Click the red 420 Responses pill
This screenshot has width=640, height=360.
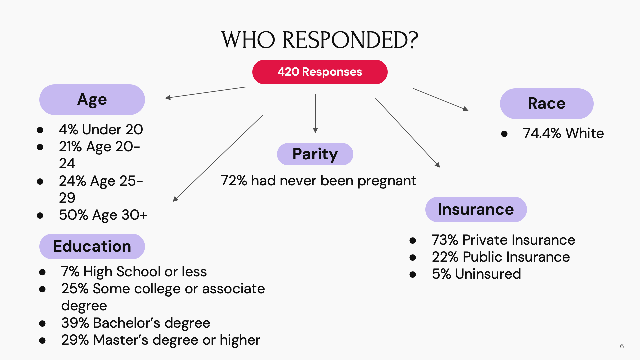click(x=320, y=72)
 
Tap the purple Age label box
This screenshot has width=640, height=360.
click(x=92, y=100)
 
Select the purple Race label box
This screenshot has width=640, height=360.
click(x=546, y=104)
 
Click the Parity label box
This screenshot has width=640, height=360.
click(x=315, y=154)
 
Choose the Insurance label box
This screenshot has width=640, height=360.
click(x=476, y=209)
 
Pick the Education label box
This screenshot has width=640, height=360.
click(x=92, y=246)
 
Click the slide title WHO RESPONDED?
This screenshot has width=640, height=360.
click(x=320, y=40)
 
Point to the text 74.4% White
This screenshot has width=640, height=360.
click(x=563, y=133)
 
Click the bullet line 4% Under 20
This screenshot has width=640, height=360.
click(x=101, y=129)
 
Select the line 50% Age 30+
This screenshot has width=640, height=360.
click(x=103, y=215)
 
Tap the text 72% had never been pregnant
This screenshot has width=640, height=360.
click(x=318, y=181)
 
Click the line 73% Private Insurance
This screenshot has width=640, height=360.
click(x=503, y=240)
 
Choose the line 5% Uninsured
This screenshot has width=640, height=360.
click(x=476, y=274)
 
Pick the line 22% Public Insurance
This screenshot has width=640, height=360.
click(x=500, y=257)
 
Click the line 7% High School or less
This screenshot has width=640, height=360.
click(x=134, y=272)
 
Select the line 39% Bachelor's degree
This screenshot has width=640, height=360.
click(x=136, y=323)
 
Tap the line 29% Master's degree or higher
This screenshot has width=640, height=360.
click(x=160, y=340)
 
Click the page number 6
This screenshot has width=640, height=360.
click(x=622, y=346)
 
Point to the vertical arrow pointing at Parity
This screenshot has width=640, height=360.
click(x=315, y=113)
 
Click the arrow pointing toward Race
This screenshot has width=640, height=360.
click(x=440, y=99)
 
